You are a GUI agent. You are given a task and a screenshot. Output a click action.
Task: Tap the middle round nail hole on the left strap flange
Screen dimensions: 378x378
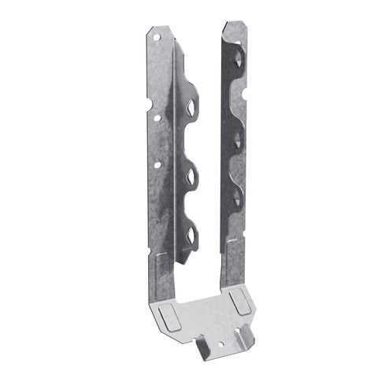pos(157,117)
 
